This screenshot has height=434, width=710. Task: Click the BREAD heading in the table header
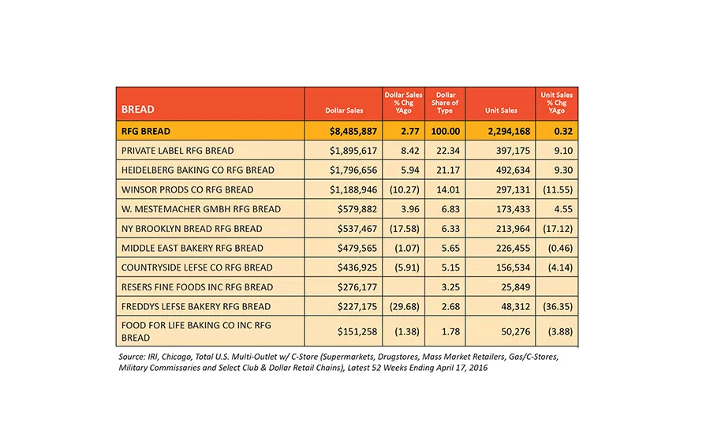tap(137, 109)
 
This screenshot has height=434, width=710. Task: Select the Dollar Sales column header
tap(344, 110)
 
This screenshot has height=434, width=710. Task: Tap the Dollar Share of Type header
tap(445, 103)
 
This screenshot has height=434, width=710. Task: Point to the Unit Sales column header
tap(501, 110)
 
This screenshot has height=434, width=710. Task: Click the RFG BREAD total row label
tap(146, 131)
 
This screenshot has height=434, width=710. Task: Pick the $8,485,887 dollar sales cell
tap(353, 131)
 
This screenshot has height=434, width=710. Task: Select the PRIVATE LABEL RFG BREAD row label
tap(177, 151)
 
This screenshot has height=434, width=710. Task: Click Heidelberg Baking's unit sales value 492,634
tap(513, 170)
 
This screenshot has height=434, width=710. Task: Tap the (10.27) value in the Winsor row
tap(405, 190)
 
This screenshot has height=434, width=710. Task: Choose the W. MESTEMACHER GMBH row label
tap(201, 209)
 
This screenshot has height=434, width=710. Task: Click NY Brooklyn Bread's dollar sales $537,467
tap(357, 229)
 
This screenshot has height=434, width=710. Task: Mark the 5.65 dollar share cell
tap(450, 249)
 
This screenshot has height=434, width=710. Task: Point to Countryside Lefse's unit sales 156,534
tap(513, 268)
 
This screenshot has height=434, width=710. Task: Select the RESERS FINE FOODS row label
tap(197, 287)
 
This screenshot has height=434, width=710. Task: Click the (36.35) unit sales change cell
tap(558, 307)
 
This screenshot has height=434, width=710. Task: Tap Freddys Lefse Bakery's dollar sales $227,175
tap(357, 307)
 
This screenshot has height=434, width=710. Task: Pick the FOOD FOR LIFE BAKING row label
tap(196, 331)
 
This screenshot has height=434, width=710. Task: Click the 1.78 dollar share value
tap(450, 331)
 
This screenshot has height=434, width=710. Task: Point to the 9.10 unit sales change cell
tap(563, 151)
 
